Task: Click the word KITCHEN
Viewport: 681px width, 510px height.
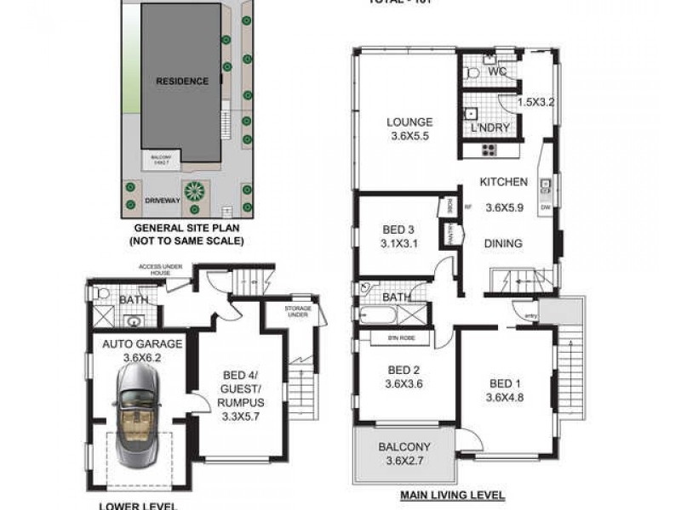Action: click(504, 182)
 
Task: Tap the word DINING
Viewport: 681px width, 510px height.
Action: click(503, 244)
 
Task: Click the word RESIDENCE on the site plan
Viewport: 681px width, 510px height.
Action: click(181, 82)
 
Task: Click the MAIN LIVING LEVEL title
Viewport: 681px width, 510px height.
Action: click(453, 495)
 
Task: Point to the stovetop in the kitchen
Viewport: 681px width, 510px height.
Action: click(489, 150)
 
